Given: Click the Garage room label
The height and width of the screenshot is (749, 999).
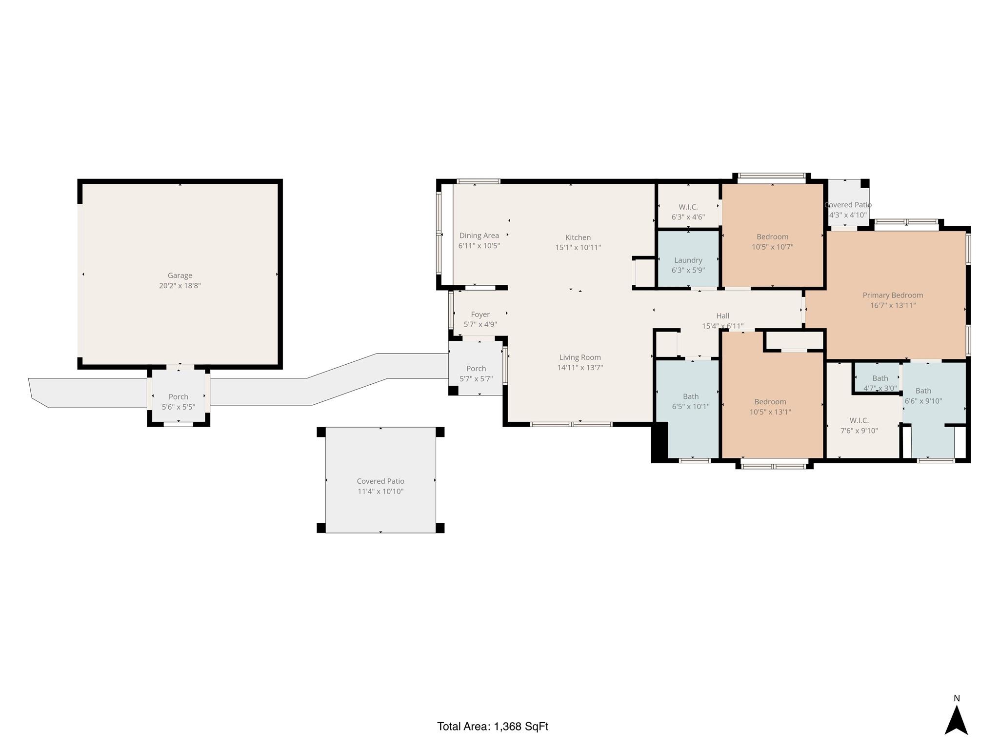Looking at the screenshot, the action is [x=180, y=276].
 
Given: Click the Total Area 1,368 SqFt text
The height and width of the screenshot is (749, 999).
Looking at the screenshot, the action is [x=493, y=726].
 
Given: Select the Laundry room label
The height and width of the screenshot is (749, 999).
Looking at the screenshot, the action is [x=688, y=260].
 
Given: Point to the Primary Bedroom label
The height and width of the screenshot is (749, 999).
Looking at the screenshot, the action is [x=893, y=295].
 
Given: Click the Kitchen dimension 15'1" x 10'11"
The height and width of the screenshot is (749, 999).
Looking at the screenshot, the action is [x=578, y=247].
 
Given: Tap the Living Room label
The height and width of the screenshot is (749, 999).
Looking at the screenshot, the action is [x=580, y=357].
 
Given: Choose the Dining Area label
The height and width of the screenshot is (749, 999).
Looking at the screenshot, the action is [x=479, y=236].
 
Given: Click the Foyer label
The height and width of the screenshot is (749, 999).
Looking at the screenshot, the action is [x=480, y=315].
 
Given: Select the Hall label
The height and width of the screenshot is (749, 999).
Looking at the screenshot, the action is [x=723, y=316].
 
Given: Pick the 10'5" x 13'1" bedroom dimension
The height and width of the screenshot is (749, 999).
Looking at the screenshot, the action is [x=770, y=412].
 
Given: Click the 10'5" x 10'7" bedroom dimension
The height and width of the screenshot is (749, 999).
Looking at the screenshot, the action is [x=773, y=247].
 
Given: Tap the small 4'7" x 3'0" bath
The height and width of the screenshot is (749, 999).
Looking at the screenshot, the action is [x=880, y=383].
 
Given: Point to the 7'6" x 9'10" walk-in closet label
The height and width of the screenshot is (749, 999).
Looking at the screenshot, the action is [x=859, y=425].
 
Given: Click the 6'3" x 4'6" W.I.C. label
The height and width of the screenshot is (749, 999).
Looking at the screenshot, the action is [x=688, y=212].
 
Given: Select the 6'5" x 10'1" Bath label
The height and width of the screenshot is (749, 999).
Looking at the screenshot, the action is [x=691, y=401].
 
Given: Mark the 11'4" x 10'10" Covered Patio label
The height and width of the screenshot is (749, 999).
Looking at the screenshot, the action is [x=380, y=486].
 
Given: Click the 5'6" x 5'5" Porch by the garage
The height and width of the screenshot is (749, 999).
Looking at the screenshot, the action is [x=179, y=402].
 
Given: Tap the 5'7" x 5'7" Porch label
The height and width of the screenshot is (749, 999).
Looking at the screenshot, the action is [x=476, y=374].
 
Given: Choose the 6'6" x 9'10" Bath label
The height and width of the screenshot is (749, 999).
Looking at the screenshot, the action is [x=923, y=395].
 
